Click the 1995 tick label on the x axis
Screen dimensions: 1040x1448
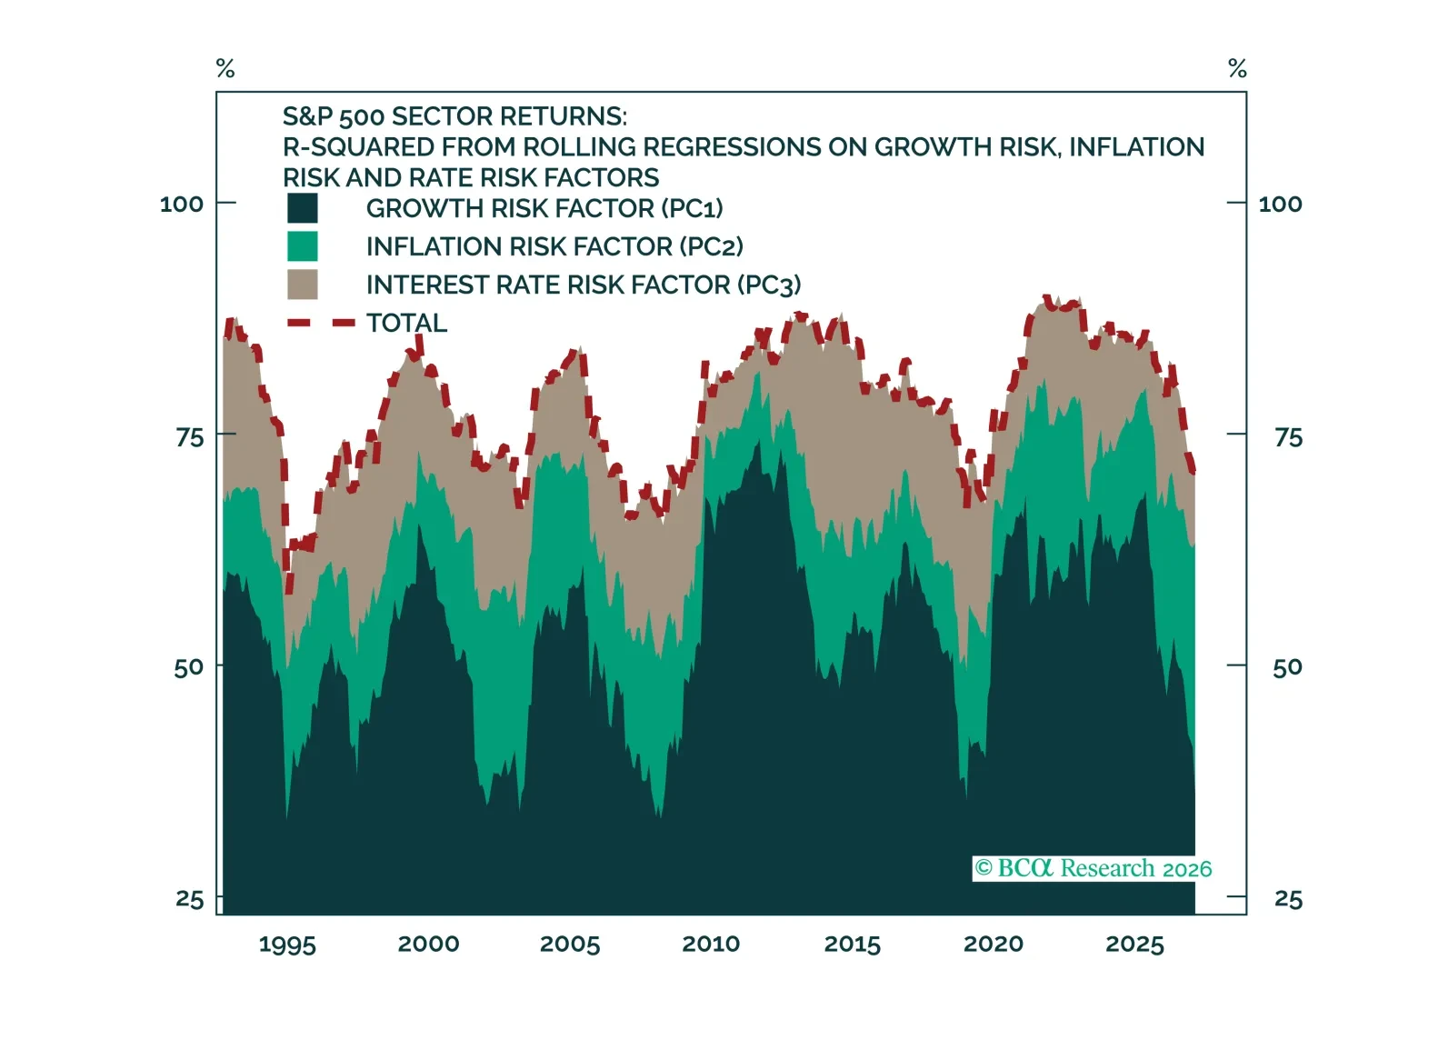pos(287,945)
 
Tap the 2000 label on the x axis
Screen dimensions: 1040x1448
pos(428,944)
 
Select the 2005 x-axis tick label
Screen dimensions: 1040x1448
pos(570,945)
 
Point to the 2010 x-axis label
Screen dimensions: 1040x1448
pos(711,944)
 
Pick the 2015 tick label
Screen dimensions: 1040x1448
pos(852,945)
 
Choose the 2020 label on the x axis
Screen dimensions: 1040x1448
pos(994,944)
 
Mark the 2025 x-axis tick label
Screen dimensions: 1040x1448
pos(1134,945)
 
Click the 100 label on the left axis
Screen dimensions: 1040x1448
pos(182,204)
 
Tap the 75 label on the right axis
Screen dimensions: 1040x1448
pos(1288,437)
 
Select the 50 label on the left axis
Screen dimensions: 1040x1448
pos(189,667)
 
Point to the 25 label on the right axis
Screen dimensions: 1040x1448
pos(1288,899)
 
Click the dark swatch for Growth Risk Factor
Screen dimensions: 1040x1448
pos(303,208)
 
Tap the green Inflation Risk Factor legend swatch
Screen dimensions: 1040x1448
pos(303,246)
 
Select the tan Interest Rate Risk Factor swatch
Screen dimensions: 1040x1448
pos(303,285)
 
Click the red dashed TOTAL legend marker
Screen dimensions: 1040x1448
pos(320,323)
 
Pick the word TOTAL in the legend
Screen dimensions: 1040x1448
pos(406,323)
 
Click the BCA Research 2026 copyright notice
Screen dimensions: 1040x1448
pos(1093,868)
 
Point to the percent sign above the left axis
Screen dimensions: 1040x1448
pos(225,68)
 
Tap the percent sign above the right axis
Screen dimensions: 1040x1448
pos(1237,68)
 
